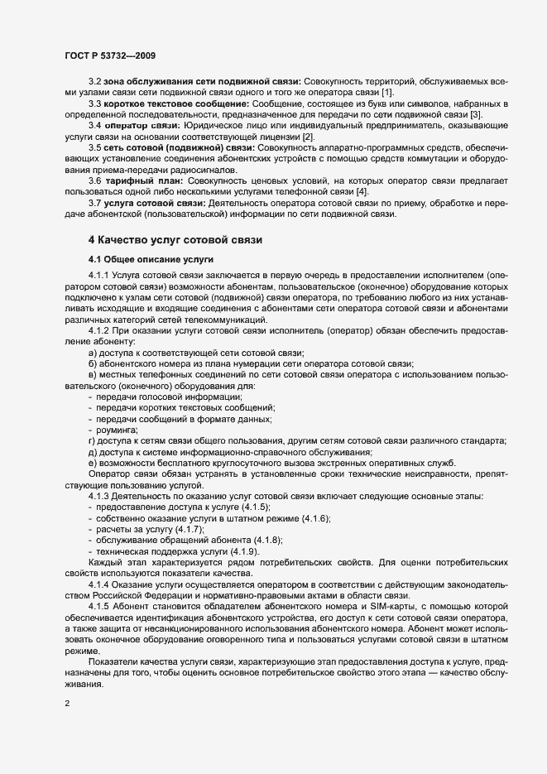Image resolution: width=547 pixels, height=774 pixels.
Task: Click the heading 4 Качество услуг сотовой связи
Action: pos(175,241)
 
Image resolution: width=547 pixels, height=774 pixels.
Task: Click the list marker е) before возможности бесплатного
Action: pos(93,463)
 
